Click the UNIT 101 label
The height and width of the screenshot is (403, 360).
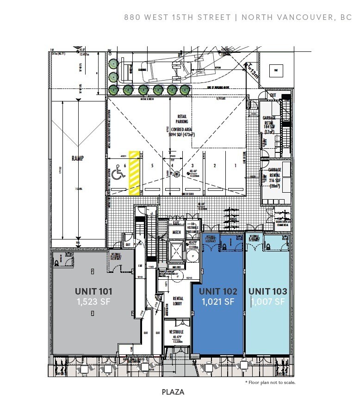tap(93, 291)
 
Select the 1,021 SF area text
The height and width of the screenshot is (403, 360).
tap(218, 302)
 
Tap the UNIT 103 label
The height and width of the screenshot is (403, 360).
tap(267, 291)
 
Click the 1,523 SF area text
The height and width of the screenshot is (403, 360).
tap(93, 302)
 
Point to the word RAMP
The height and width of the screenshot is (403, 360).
tap(77, 157)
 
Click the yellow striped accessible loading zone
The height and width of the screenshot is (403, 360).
tap(134, 172)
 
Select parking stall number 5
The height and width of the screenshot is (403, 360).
tap(151, 165)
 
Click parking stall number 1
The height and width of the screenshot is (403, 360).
tap(235, 165)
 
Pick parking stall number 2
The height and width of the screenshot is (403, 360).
tap(214, 165)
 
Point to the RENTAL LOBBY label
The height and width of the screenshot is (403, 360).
tap(178, 301)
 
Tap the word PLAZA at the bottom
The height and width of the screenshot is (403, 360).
tap(173, 392)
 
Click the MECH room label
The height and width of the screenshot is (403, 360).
tap(176, 233)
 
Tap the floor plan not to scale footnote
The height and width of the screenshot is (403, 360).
tap(270, 383)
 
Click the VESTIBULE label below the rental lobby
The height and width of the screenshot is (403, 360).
tap(176, 332)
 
